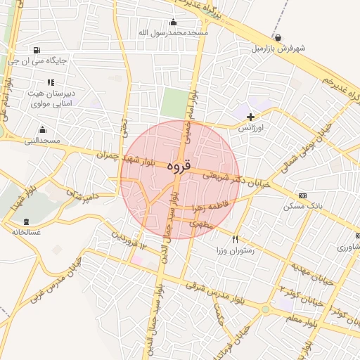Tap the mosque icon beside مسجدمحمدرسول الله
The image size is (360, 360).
coord(174,22)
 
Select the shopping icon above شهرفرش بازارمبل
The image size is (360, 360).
coord(279,38)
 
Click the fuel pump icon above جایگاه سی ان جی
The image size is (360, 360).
coord(36,50)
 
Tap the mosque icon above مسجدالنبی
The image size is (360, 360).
coord(42,130)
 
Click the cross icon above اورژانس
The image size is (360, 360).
coord(251,116)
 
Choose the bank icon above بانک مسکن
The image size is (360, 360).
coord(302,196)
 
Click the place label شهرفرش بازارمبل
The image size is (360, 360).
coord(280,49)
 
